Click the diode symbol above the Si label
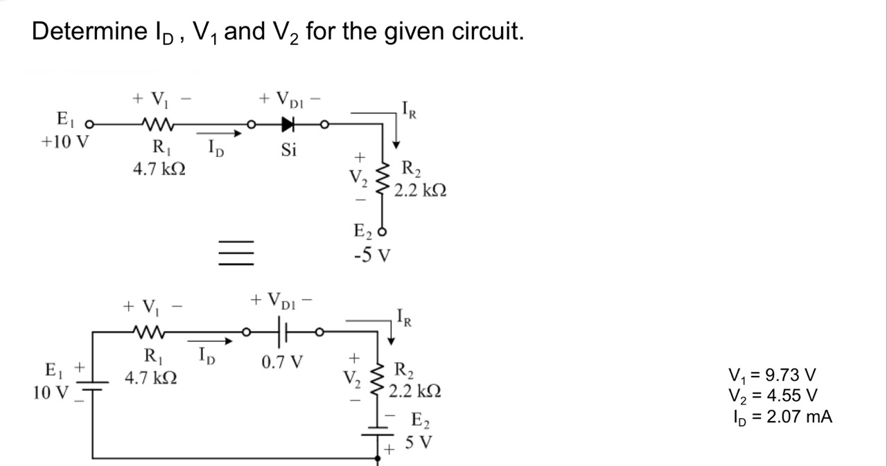(x=288, y=125)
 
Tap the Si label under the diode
(x=289, y=150)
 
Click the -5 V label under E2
(x=371, y=256)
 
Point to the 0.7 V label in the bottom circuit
(x=282, y=362)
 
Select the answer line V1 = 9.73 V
(x=773, y=376)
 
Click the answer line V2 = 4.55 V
(x=773, y=396)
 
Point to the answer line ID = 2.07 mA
(x=782, y=417)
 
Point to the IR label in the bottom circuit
(x=407, y=319)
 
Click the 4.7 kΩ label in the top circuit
(x=159, y=168)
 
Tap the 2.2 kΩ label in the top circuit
(x=421, y=190)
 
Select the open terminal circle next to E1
(x=88, y=125)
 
